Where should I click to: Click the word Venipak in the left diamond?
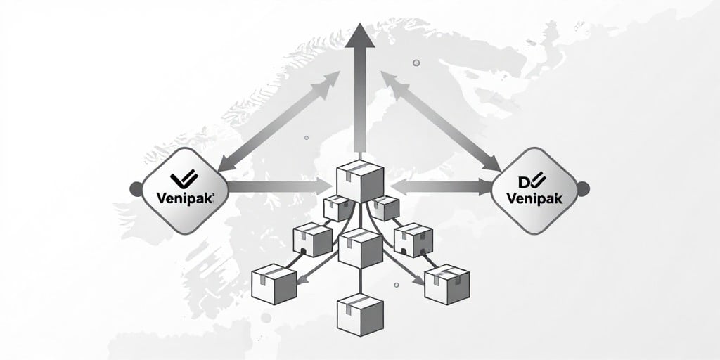pyautogui.click(x=185, y=198)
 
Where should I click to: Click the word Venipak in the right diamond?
pyautogui.click(x=534, y=198)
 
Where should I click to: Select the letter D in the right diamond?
pyautogui.click(x=524, y=182)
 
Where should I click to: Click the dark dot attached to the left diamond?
pyautogui.click(x=136, y=189)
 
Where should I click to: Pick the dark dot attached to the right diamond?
pyautogui.click(x=583, y=188)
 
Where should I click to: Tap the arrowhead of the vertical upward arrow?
pyautogui.click(x=360, y=35)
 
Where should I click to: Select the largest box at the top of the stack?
pyautogui.click(x=360, y=181)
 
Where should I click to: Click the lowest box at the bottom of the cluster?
pyautogui.click(x=360, y=314)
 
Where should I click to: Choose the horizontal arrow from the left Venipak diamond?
pyautogui.click(x=280, y=186)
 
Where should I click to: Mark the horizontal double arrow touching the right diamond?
pyautogui.click(x=442, y=186)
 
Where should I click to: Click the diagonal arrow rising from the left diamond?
pyautogui.click(x=278, y=121)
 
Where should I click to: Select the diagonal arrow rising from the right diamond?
pyautogui.click(x=442, y=121)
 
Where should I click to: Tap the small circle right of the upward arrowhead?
pyautogui.click(x=416, y=63)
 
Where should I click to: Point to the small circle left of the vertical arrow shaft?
pyautogui.click(x=307, y=137)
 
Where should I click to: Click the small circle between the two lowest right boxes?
pyautogui.click(x=397, y=285)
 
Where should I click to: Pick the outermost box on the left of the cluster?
pyautogui.click(x=274, y=284)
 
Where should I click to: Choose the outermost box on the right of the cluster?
pyautogui.click(x=446, y=284)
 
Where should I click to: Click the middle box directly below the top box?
pyautogui.click(x=361, y=248)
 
